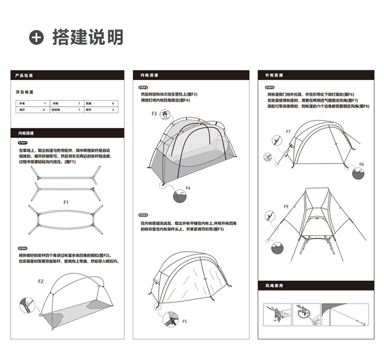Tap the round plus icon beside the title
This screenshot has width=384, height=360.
pos(36,38)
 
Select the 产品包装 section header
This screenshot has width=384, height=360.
pos(24,76)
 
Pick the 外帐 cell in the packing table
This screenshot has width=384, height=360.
pos(22,103)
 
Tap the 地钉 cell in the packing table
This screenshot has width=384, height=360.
pos(22,110)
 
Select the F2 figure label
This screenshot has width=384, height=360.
pos(41,281)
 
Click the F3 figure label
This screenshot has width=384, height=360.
pos(154,114)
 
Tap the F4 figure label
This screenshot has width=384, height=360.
pos(188,188)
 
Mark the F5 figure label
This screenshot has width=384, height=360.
pos(185,321)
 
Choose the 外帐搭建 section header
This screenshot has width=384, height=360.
pos(274,76)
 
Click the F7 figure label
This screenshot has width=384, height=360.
pos(288,132)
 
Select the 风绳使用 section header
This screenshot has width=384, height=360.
pos(274,286)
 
